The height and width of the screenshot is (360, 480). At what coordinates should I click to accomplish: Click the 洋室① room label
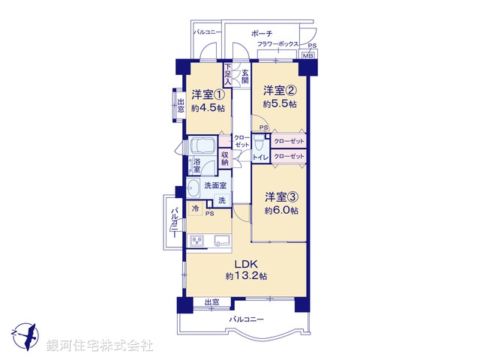pos(208,95)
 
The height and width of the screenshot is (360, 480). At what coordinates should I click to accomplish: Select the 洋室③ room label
pos(281,197)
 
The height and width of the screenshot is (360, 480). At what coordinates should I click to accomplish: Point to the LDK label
pos(245,263)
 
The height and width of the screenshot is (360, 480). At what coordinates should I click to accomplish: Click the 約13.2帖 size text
pos(246,276)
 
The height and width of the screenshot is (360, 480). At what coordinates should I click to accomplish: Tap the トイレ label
pos(259,157)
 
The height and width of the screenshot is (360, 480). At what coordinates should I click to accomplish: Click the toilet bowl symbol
pos(259,142)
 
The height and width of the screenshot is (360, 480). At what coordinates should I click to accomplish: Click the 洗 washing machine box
pos(222,200)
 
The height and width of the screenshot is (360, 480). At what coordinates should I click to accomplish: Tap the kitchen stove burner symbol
pos(197,241)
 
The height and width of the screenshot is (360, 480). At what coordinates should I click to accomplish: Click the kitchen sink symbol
pos(223,241)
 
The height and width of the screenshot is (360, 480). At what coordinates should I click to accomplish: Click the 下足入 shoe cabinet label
pos(228,73)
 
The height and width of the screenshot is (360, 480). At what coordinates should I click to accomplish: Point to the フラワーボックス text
pos(278,45)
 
